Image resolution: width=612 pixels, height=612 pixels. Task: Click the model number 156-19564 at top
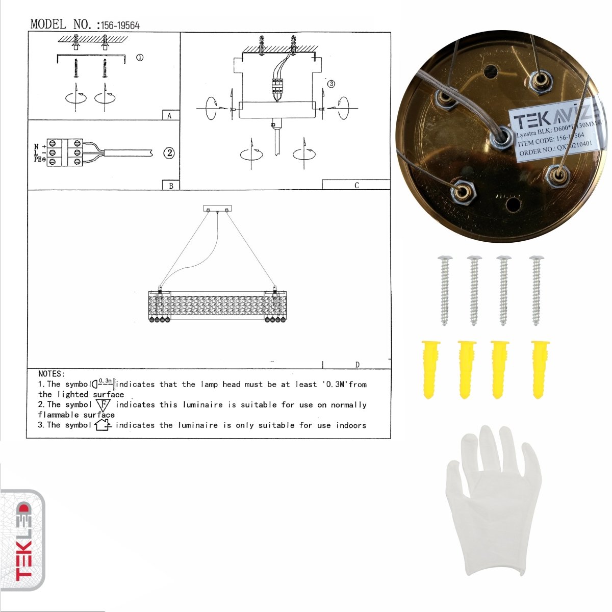120,25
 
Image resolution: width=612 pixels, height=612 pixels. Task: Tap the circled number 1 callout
140,58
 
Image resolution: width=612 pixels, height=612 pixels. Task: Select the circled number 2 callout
169,152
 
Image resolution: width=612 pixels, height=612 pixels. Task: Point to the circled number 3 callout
331,84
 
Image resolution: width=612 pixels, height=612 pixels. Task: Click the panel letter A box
170,116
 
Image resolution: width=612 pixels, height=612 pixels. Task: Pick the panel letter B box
171,186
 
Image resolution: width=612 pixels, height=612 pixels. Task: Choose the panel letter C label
356,185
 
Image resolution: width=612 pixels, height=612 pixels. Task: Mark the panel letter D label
357,364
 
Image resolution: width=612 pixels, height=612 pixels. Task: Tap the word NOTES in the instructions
51,374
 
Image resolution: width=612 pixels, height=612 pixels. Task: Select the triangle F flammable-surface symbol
103,405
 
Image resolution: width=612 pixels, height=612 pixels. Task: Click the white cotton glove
493,502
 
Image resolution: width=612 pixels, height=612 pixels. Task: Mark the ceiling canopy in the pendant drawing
217,208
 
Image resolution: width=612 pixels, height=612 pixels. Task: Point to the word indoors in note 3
351,425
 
